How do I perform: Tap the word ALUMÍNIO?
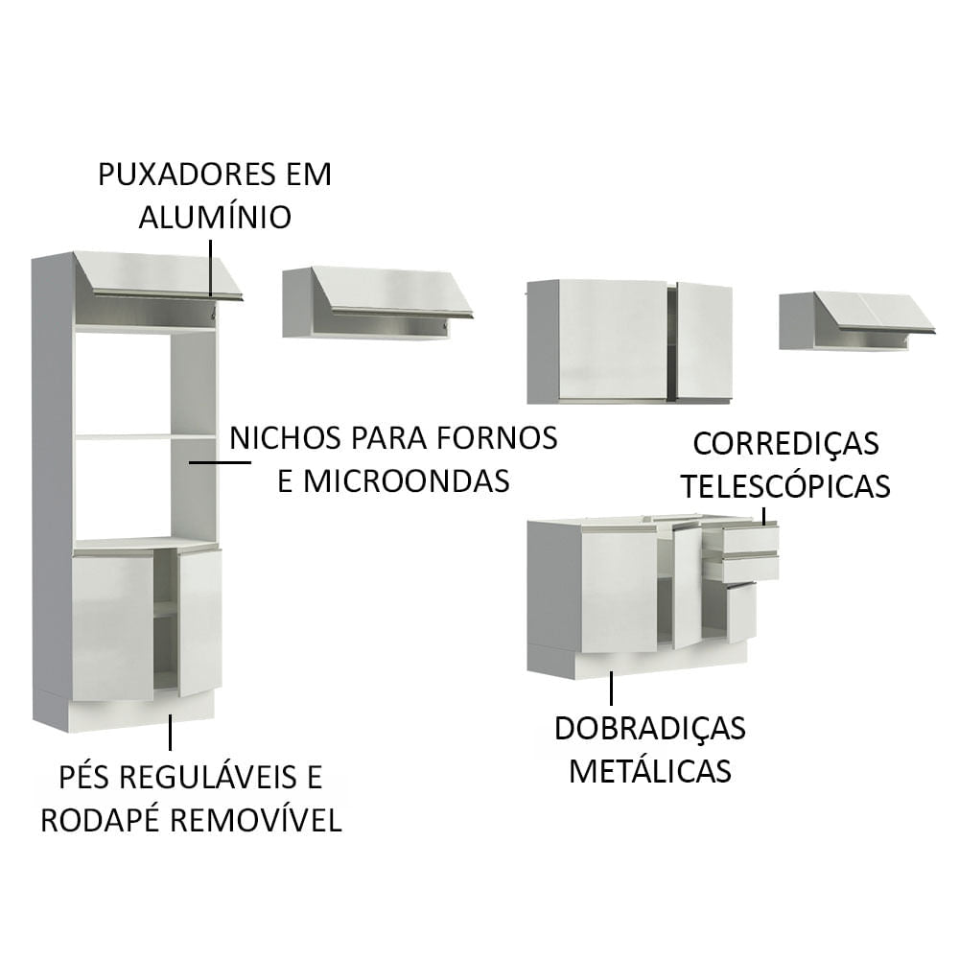point(215,217)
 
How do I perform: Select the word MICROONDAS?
point(407,479)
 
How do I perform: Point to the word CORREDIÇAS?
point(785,443)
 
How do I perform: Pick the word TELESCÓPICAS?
point(785,485)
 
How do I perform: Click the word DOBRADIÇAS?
point(649,728)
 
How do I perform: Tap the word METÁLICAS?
point(649,769)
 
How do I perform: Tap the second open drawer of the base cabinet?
point(744,568)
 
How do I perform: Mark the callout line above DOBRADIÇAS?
point(611,689)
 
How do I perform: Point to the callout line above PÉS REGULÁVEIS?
point(170,732)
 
